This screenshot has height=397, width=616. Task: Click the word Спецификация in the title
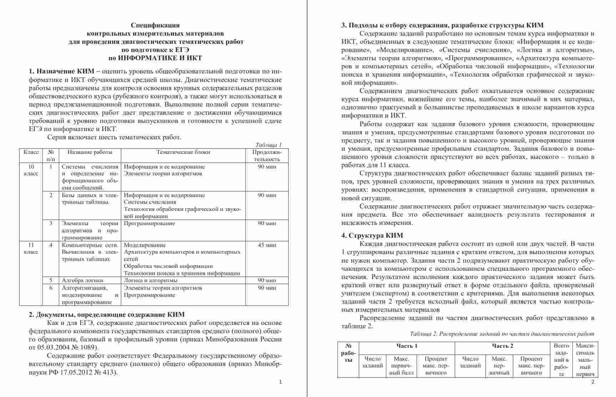pyautogui.click(x=155, y=25)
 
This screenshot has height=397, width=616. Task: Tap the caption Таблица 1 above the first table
pyautogui.click(x=269, y=145)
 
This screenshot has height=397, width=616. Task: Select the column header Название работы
pyautogui.click(x=90, y=152)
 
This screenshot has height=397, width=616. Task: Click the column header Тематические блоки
pyautogui.click(x=183, y=152)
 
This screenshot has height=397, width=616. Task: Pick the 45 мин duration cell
pyautogui.click(x=267, y=245)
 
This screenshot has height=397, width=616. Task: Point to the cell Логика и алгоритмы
pyautogui.click(x=151, y=280)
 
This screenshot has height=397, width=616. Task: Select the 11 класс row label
pyautogui.click(x=31, y=248)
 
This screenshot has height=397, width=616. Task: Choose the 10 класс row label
pyautogui.click(x=31, y=170)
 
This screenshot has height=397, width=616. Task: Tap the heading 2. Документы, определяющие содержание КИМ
pyautogui.click(x=107, y=315)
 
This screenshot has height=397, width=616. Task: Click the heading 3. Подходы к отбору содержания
pyautogui.click(x=442, y=25)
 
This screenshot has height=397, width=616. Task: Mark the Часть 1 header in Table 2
pyautogui.click(x=407, y=346)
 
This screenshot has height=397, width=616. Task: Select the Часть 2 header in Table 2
pyautogui.click(x=502, y=346)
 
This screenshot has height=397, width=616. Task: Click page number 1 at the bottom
pyautogui.click(x=280, y=382)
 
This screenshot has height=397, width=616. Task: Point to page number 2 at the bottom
pyautogui.click(x=593, y=382)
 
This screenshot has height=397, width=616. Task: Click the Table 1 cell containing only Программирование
pyautogui.click(x=149, y=224)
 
